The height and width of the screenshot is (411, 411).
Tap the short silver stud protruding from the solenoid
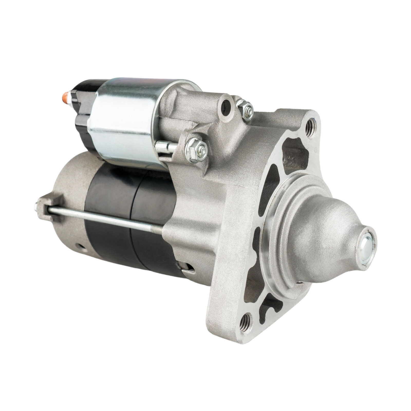(x=164, y=147)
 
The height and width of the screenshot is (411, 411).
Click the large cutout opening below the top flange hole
(x=295, y=154)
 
